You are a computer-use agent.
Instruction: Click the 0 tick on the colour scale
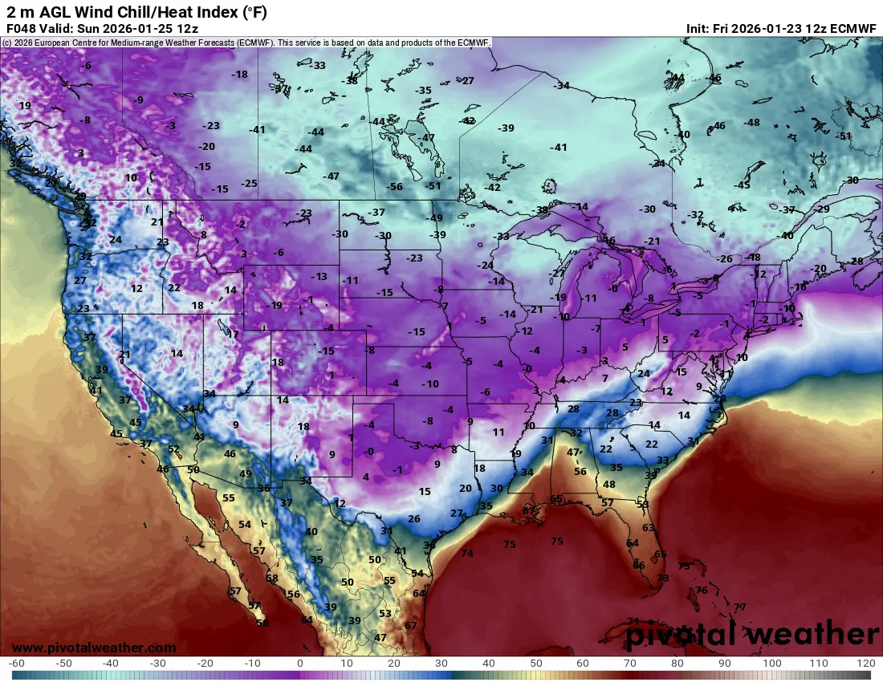300,664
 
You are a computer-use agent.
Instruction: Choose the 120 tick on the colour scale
865,664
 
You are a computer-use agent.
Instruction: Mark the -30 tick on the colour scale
158,664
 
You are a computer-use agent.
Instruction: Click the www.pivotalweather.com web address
94,647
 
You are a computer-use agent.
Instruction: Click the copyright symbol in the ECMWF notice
6,43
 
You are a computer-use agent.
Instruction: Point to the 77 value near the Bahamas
739,607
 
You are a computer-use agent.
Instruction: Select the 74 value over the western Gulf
467,553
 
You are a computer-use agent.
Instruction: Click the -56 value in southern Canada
394,186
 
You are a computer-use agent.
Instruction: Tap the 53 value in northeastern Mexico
385,613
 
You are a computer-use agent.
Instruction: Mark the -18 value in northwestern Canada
239,75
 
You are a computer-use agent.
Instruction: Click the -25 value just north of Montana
250,184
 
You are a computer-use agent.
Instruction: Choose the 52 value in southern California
174,449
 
